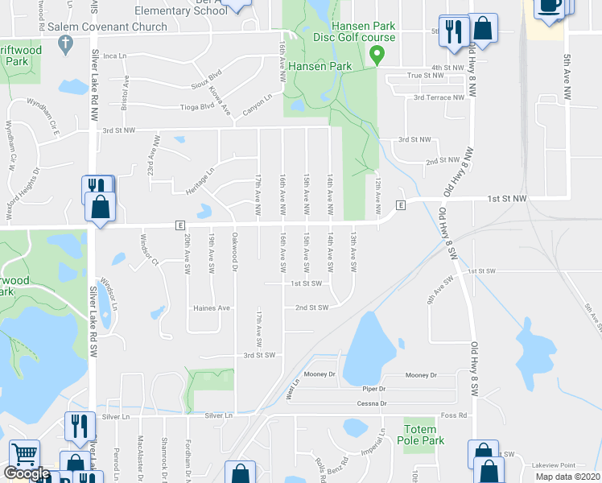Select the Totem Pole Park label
(422, 434)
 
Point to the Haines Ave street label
(212, 308)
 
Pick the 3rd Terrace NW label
(439, 97)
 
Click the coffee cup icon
(550, 6)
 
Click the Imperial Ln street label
(373, 444)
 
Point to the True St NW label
(426, 75)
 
